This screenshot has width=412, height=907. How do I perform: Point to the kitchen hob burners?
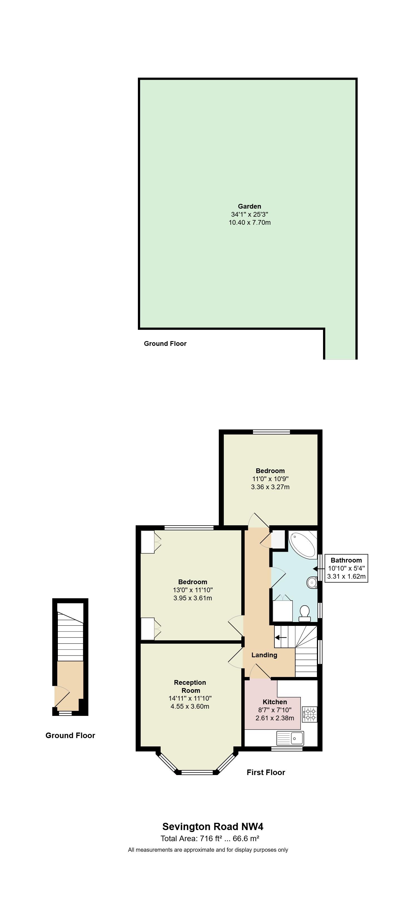(310, 714)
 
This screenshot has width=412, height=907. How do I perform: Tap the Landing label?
(264, 655)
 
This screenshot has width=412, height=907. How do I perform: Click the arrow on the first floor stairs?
(281, 637)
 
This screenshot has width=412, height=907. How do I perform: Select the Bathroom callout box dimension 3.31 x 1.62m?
(346, 577)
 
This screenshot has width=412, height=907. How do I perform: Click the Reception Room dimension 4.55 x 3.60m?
(190, 706)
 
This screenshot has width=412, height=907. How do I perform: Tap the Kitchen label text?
(275, 702)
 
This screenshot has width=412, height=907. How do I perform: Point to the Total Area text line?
(210, 838)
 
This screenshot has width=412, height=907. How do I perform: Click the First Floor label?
(266, 772)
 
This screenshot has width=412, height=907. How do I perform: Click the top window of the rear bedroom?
(271, 432)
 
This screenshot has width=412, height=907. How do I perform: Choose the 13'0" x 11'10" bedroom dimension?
(193, 590)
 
